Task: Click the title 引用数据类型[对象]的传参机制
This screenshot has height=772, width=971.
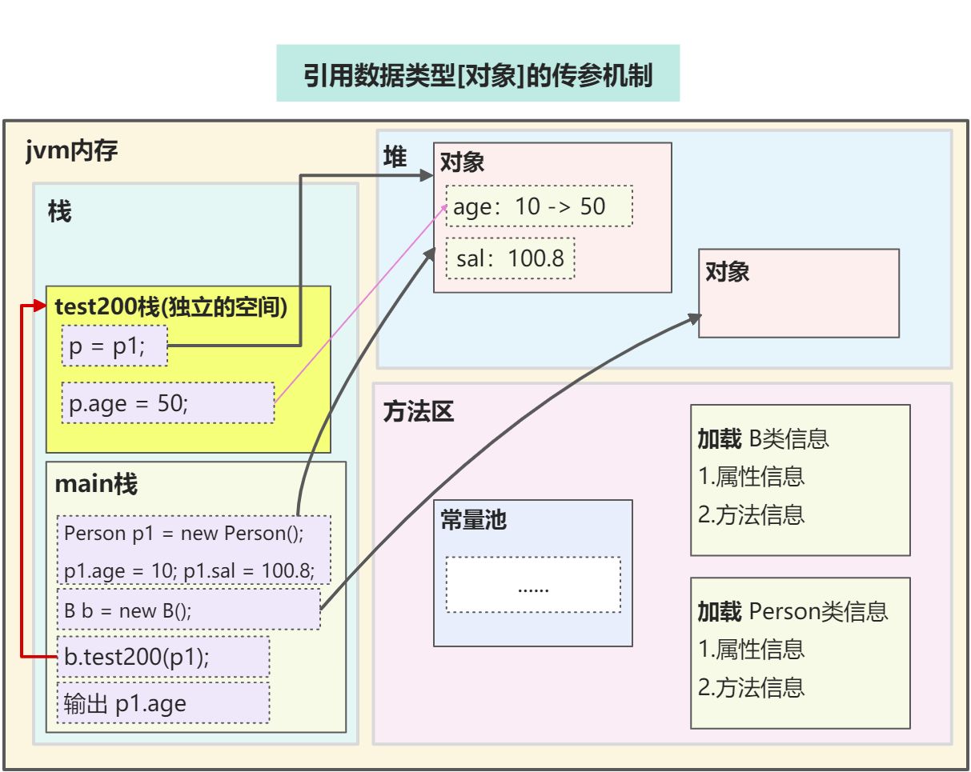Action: click(478, 75)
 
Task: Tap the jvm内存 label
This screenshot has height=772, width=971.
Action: click(72, 150)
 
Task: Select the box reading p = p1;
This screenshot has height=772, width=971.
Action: click(114, 346)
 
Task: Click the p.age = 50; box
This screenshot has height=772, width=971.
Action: click(167, 402)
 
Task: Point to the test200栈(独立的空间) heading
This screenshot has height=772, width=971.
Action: click(171, 306)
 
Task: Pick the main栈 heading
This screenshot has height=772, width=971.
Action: click(95, 484)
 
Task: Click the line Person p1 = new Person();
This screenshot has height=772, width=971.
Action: click(185, 533)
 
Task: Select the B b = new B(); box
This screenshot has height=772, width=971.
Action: click(188, 610)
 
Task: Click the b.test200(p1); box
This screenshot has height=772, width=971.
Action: click(163, 657)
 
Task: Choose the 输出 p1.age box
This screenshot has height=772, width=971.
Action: click(163, 702)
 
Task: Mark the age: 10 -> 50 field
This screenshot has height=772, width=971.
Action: click(539, 206)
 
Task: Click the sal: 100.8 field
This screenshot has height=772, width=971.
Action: click(510, 258)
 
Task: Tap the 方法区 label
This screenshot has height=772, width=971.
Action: click(419, 411)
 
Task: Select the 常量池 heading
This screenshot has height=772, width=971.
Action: click(473, 520)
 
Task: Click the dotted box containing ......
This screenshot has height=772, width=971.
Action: click(533, 585)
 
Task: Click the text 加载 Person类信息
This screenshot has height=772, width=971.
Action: click(792, 611)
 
